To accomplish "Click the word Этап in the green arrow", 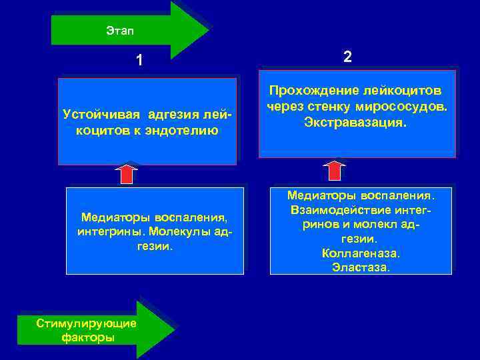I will tap(119, 31).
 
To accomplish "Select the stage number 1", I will tap(139, 61).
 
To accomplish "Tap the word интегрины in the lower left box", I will tap(110, 231).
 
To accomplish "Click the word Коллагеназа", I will tap(361, 254).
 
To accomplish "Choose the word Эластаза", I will tap(361, 268).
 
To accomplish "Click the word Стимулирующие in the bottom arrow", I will tap(87, 323).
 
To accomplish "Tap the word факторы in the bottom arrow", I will tap(87, 337).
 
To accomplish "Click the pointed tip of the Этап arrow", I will tap(207, 31).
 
